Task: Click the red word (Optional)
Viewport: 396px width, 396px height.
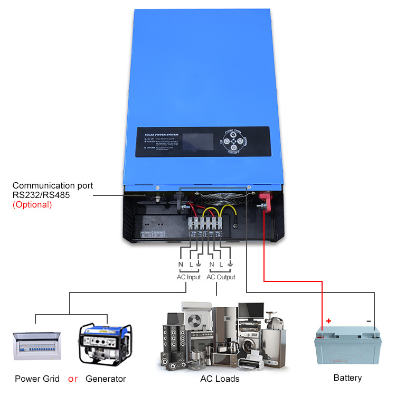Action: (x=32, y=204)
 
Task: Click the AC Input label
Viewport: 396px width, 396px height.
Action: (x=188, y=277)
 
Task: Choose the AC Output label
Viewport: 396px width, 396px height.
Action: (x=221, y=277)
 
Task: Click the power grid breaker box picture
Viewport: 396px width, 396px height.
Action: (x=36, y=346)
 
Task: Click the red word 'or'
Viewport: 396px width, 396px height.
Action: (x=73, y=379)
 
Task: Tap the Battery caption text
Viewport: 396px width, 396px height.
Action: (x=347, y=378)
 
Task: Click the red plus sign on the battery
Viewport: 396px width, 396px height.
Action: (x=328, y=320)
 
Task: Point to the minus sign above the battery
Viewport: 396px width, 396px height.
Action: (x=368, y=320)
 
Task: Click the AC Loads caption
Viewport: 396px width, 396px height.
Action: (x=220, y=379)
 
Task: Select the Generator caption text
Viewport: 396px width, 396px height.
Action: (x=106, y=379)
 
